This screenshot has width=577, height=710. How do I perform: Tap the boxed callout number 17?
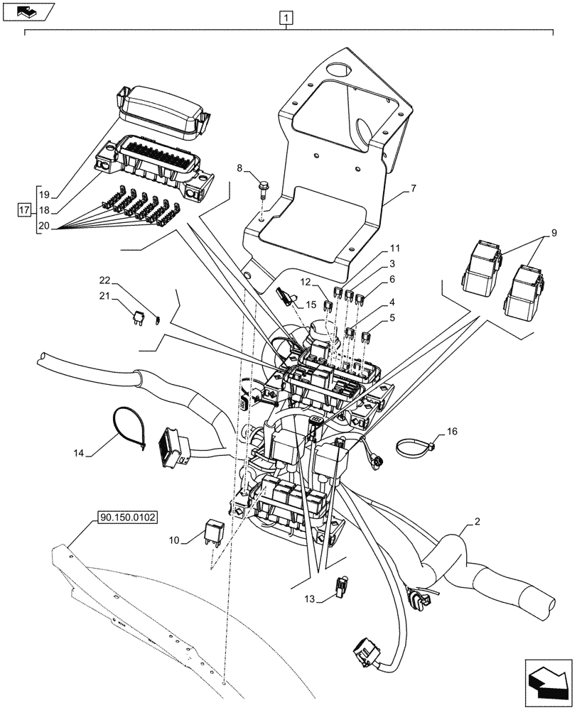point(25,211)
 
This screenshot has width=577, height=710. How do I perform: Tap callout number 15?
point(311,305)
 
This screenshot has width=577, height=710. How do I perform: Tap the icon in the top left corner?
point(27,11)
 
